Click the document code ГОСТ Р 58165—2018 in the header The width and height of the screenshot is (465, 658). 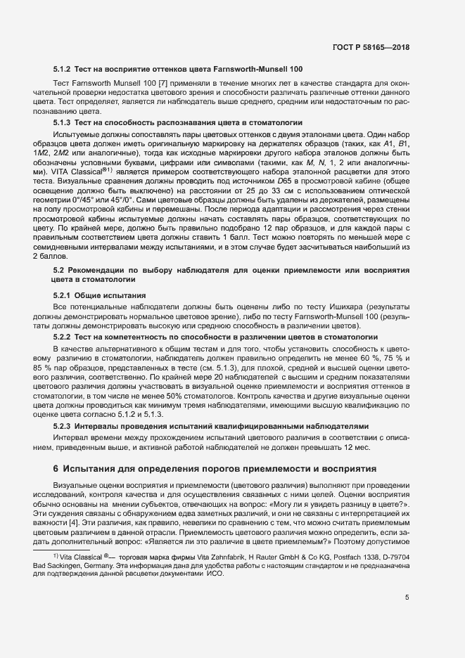tap(371, 47)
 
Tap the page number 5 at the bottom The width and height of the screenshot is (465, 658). tap(407, 598)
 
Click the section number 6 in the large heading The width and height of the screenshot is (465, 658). tap(56, 468)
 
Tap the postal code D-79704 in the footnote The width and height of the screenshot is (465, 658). tap(394, 555)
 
